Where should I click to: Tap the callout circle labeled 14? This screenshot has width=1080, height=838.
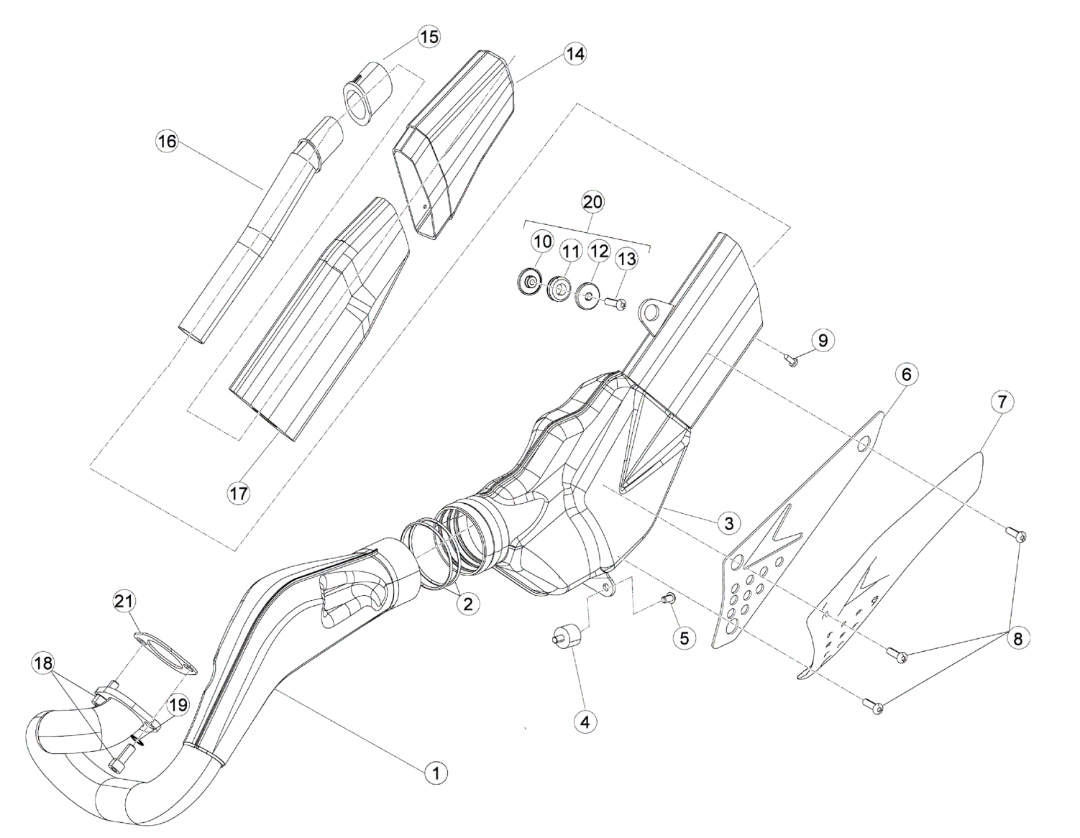click(x=574, y=54)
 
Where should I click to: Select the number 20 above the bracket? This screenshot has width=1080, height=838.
click(x=592, y=202)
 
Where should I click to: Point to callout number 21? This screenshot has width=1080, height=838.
click(x=125, y=601)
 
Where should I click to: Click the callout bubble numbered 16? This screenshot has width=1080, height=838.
click(x=167, y=142)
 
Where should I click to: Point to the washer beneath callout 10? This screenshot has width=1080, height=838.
click(x=531, y=282)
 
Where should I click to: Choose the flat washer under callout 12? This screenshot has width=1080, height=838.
click(x=587, y=295)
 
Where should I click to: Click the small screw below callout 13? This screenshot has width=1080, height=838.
click(x=615, y=304)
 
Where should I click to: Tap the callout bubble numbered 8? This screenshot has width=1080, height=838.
click(x=1017, y=638)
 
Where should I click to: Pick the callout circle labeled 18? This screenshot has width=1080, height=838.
click(x=43, y=663)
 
